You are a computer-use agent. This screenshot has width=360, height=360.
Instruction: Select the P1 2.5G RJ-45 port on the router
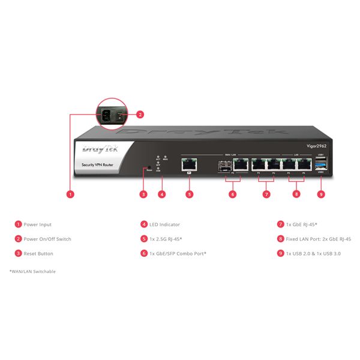pyautogui.click(x=190, y=163)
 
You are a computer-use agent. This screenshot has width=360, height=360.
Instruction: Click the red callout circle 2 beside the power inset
pyautogui.click(x=140, y=114)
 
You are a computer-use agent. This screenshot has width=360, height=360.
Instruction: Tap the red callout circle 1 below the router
pyautogui.click(x=71, y=194)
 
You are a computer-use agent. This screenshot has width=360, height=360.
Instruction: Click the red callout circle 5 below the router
pyautogui.click(x=190, y=194)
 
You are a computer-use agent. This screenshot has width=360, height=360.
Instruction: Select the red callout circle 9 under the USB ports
pyautogui.click(x=321, y=194)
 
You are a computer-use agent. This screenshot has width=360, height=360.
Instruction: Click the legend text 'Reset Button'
pyautogui.click(x=38, y=254)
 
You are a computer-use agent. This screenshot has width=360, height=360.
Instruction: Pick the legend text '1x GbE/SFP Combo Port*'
pyautogui.click(x=178, y=254)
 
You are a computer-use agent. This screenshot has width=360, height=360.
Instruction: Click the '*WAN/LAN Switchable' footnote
pyautogui.click(x=32, y=272)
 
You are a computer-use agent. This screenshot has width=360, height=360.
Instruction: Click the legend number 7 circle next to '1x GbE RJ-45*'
pyautogui.click(x=280, y=224)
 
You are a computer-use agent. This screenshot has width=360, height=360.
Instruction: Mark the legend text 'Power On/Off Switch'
pyautogui.click(x=47, y=239)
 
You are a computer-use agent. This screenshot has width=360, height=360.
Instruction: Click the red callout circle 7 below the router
pyautogui.click(x=266, y=194)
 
